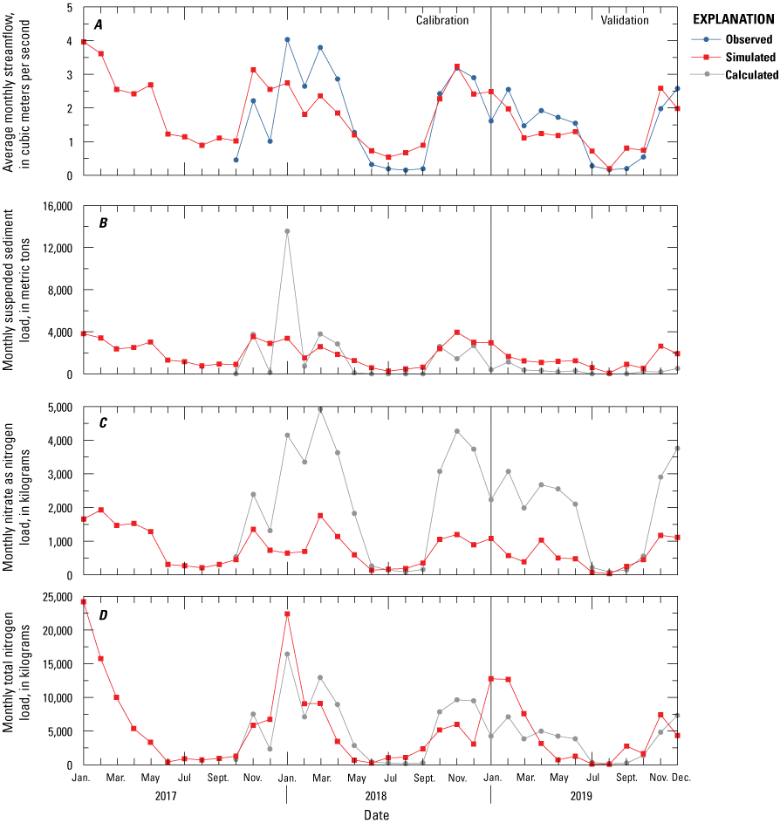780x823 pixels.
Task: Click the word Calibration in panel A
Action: [x=441, y=20]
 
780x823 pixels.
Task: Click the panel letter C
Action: [x=103, y=423]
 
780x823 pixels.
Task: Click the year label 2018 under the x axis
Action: [x=388, y=796]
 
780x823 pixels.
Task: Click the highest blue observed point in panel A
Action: [x=287, y=39]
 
